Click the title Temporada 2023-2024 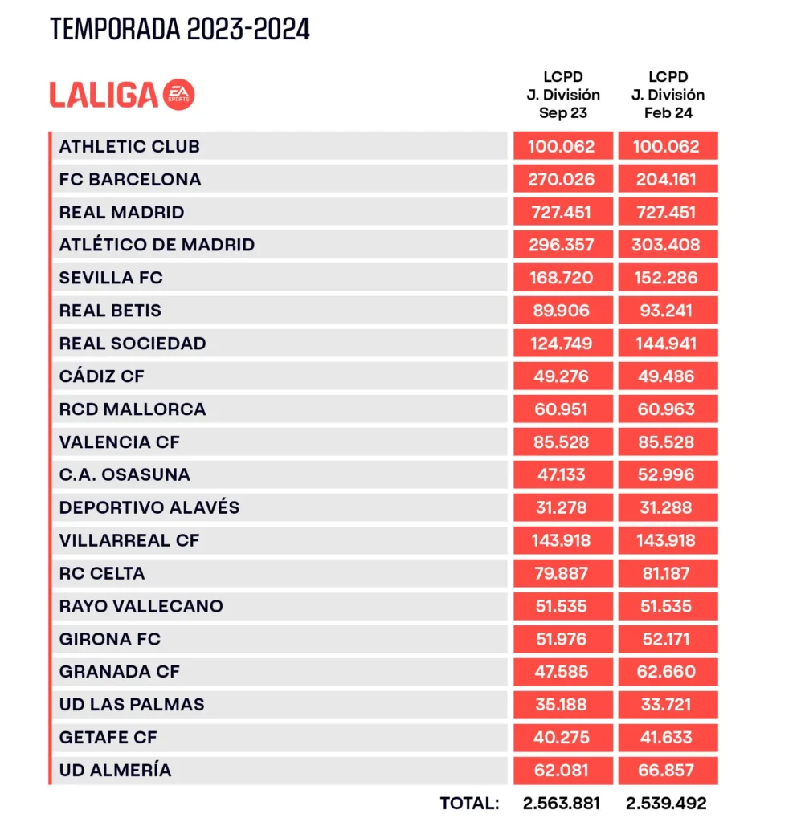click(x=180, y=29)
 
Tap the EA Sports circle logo click(x=178, y=95)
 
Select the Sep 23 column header click(x=562, y=95)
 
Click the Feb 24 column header click(x=668, y=95)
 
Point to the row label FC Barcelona click(x=130, y=179)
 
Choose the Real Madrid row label click(x=122, y=212)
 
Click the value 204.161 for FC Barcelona click(x=668, y=179)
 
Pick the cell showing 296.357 click(x=562, y=245)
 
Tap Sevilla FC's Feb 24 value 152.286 click(x=668, y=278)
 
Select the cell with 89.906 click(x=562, y=311)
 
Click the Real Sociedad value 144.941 click(x=668, y=344)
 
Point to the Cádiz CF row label click(x=102, y=376)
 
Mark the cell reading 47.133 click(x=562, y=474)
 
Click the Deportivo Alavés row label click(x=149, y=507)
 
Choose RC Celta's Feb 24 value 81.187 click(x=668, y=573)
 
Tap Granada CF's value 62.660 click(x=668, y=672)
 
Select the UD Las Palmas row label click(x=132, y=705)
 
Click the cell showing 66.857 click(x=668, y=771)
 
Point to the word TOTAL click(x=470, y=803)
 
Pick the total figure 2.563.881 click(x=562, y=803)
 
